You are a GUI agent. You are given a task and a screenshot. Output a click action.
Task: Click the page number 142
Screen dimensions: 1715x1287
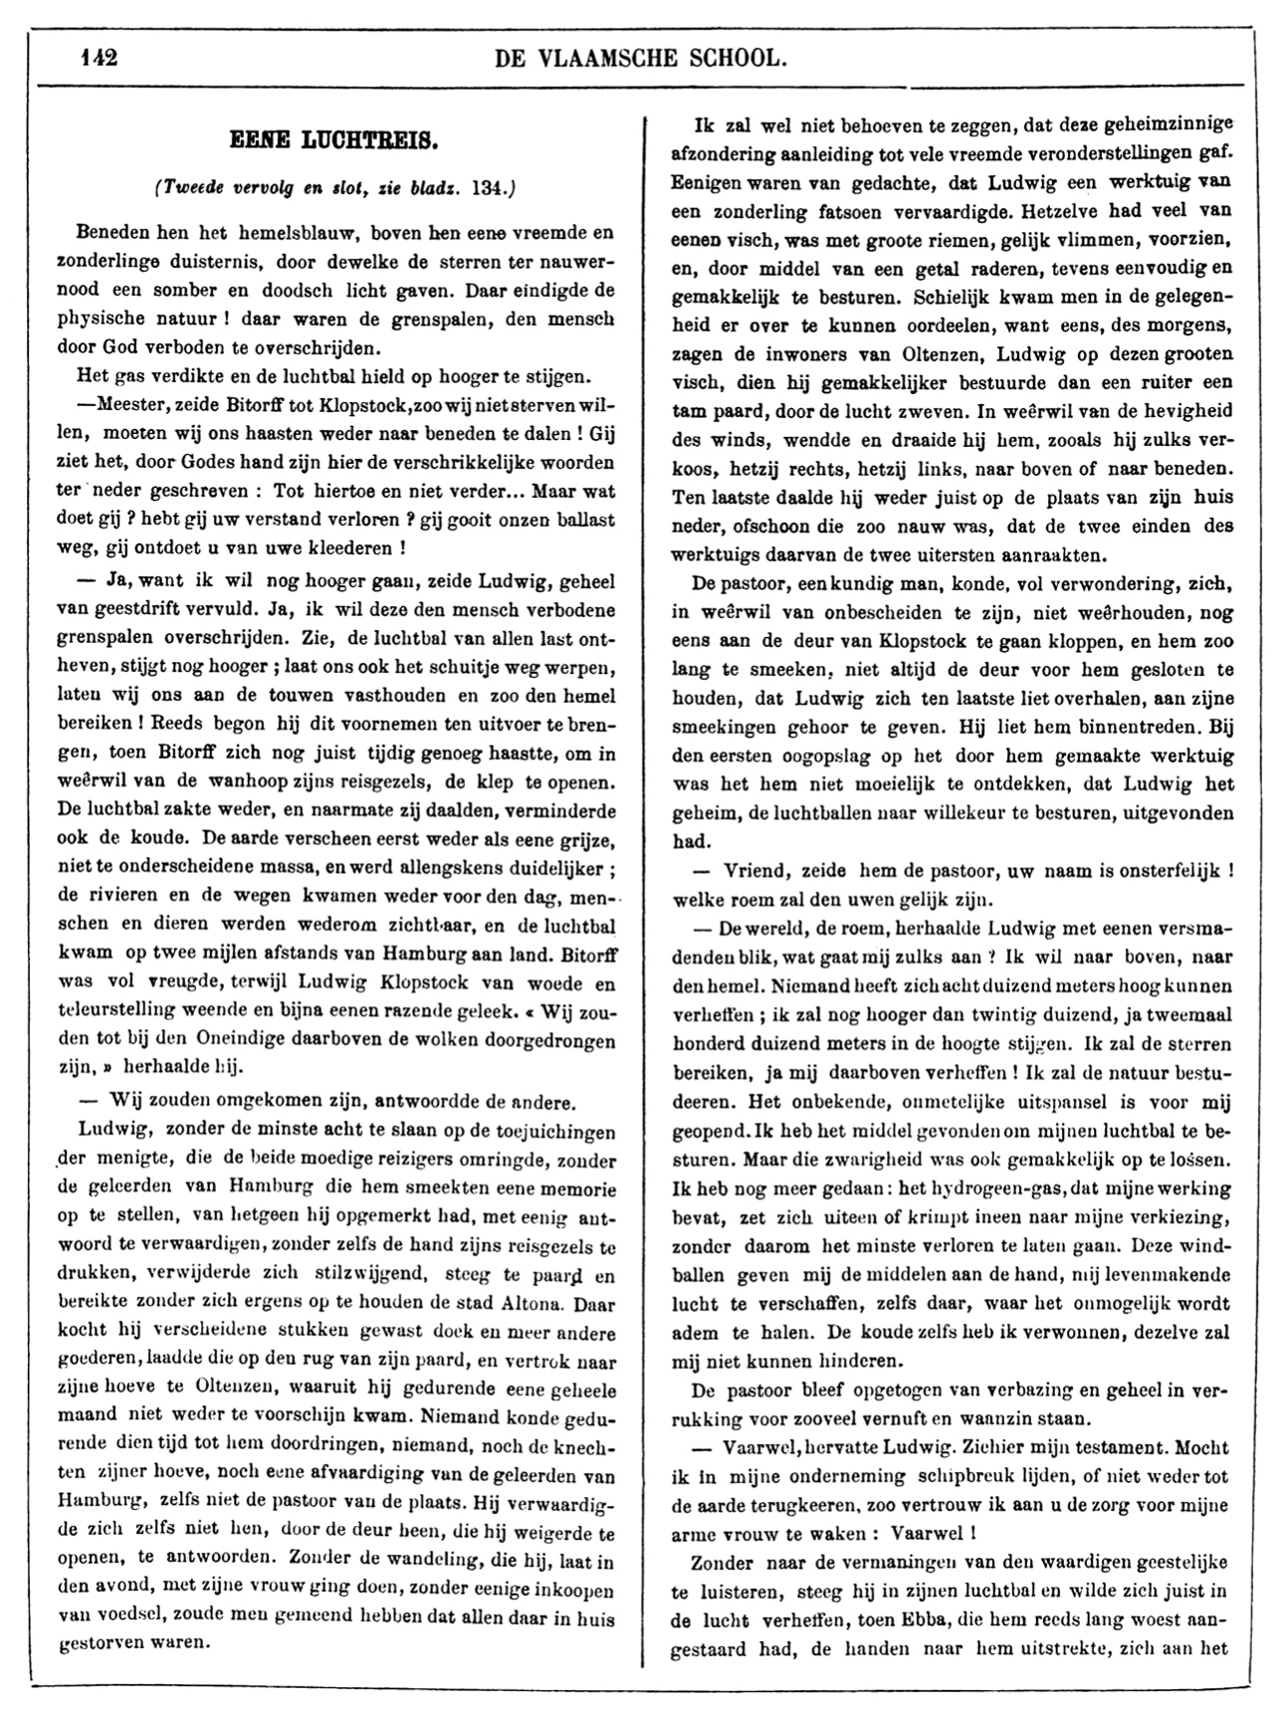pos(100,58)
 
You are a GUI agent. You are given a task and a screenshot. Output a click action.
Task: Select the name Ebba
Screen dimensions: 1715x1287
pos(946,1619)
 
